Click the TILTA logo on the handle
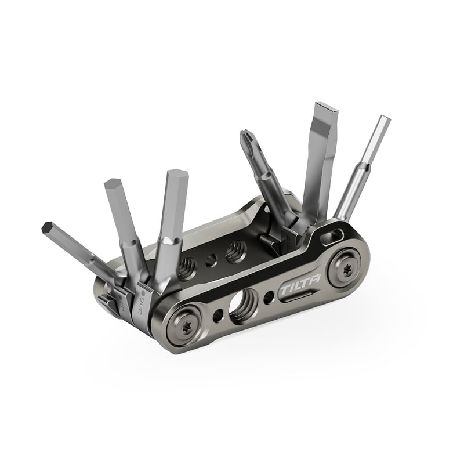pos(296,289)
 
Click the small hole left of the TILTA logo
pos(269,298)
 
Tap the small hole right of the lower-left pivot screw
pos(218,316)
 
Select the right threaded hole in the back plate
pos(234,251)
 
